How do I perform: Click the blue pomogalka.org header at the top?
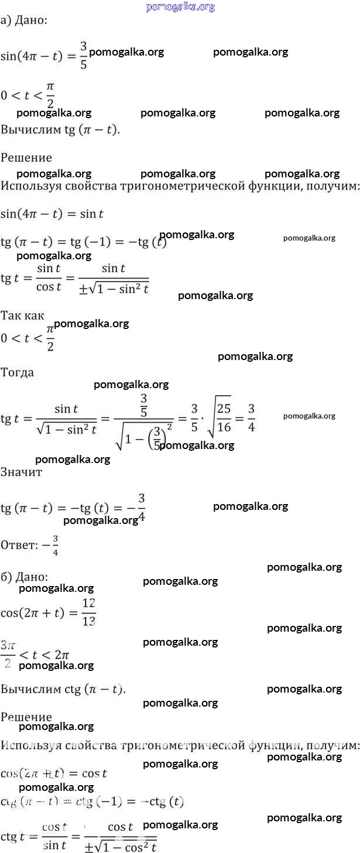[x=180, y=7]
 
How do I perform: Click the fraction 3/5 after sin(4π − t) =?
[x=84, y=55]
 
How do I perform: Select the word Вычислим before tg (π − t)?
[x=29, y=129]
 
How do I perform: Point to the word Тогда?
[x=18, y=372]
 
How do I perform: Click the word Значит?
[x=22, y=472]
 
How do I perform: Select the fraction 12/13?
[x=89, y=612]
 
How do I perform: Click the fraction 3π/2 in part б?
[x=8, y=654]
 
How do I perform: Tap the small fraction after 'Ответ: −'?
[x=56, y=545]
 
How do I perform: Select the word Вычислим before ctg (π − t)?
[x=29, y=689]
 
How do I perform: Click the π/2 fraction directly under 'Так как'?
[x=50, y=339]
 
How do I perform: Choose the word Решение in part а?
[x=26, y=157]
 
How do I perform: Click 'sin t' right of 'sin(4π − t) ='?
[x=92, y=214]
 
